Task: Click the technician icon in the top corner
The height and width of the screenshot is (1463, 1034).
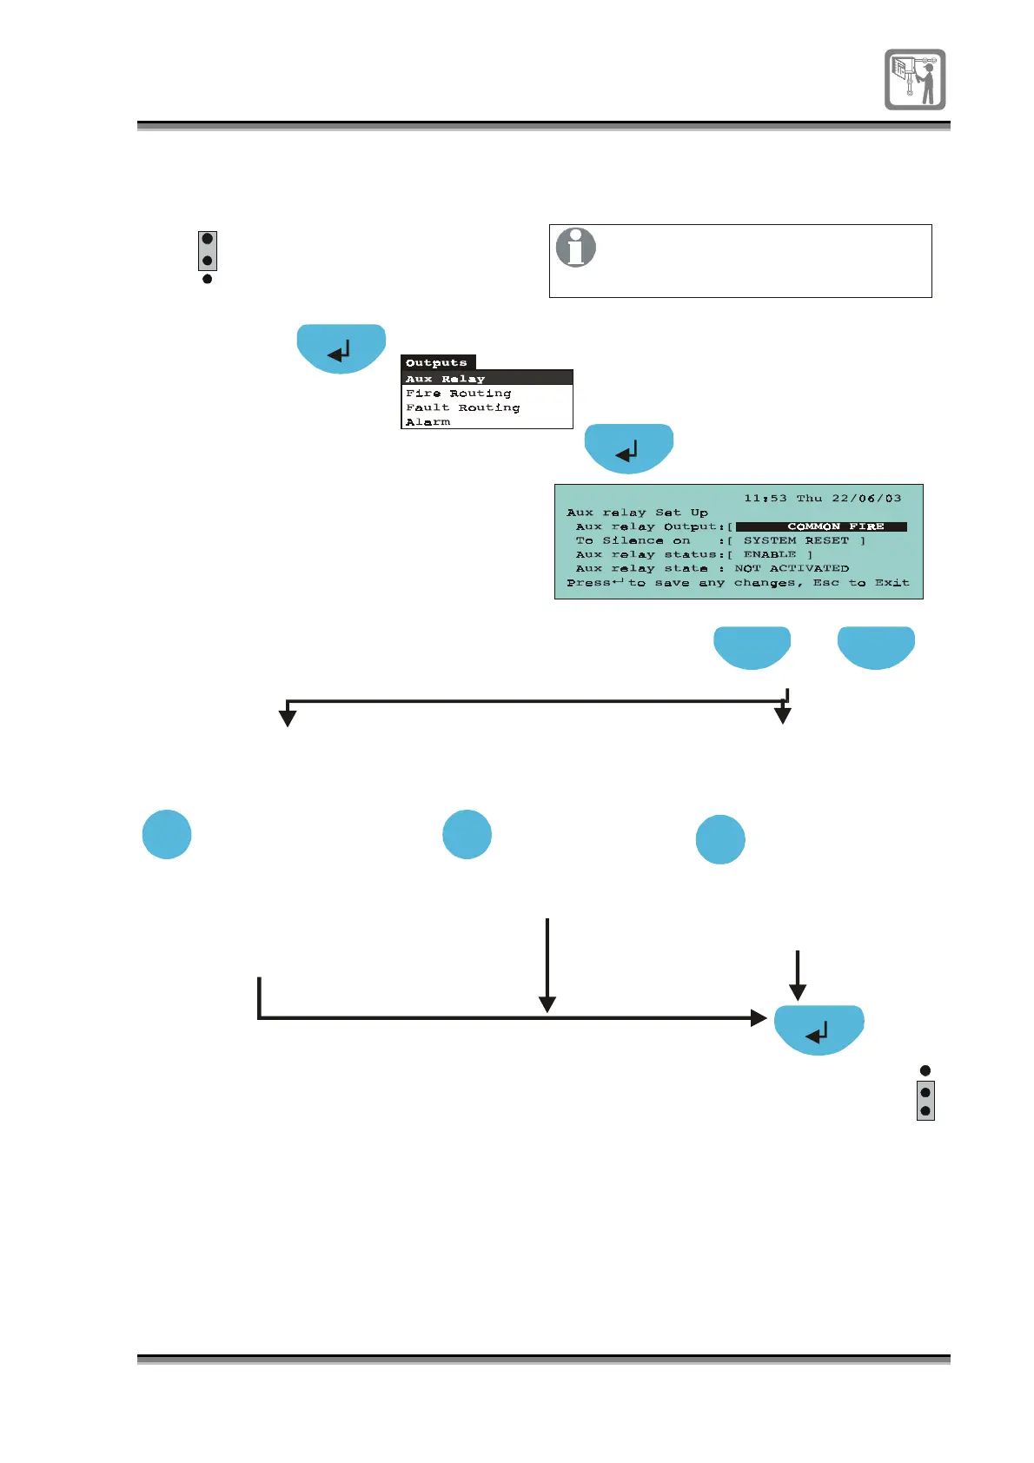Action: pos(915,79)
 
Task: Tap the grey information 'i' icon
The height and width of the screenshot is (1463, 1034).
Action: pos(575,248)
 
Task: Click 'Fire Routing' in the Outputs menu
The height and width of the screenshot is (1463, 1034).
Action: pos(458,394)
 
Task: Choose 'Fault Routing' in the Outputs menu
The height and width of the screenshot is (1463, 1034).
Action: pos(462,407)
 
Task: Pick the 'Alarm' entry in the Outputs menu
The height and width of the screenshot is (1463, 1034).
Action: pos(428,422)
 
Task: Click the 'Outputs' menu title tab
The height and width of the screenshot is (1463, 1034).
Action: pos(437,363)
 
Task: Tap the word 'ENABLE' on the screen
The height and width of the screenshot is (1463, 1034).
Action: pos(770,554)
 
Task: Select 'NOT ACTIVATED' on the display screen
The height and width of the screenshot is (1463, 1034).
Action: pos(792,568)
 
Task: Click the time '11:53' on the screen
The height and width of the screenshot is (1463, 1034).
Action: pos(765,499)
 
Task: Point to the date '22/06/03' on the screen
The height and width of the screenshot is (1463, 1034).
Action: pos(866,499)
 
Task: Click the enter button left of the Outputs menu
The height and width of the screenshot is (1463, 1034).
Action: pos(341,348)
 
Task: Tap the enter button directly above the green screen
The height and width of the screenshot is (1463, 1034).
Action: pos(628,448)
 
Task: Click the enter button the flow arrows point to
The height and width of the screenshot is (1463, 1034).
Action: pos(819,1030)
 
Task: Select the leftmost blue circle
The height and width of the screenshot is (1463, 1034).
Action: pos(167,834)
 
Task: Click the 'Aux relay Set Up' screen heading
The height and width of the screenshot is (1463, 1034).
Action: pos(637,513)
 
